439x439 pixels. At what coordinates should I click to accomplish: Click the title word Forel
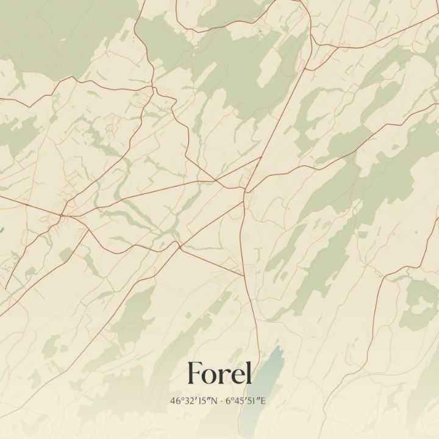point(220,373)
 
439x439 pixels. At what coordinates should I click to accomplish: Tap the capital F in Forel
point(196,373)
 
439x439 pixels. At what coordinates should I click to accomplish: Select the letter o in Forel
point(212,375)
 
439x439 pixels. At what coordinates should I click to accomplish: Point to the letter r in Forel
point(225,375)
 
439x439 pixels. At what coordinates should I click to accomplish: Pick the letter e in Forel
point(236,375)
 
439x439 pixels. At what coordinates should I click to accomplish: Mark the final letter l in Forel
point(248,372)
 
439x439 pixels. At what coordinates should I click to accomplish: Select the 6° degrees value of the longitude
point(229,401)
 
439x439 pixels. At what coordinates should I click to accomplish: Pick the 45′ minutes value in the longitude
point(239,401)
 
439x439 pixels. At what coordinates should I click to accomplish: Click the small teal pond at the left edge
point(1,231)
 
